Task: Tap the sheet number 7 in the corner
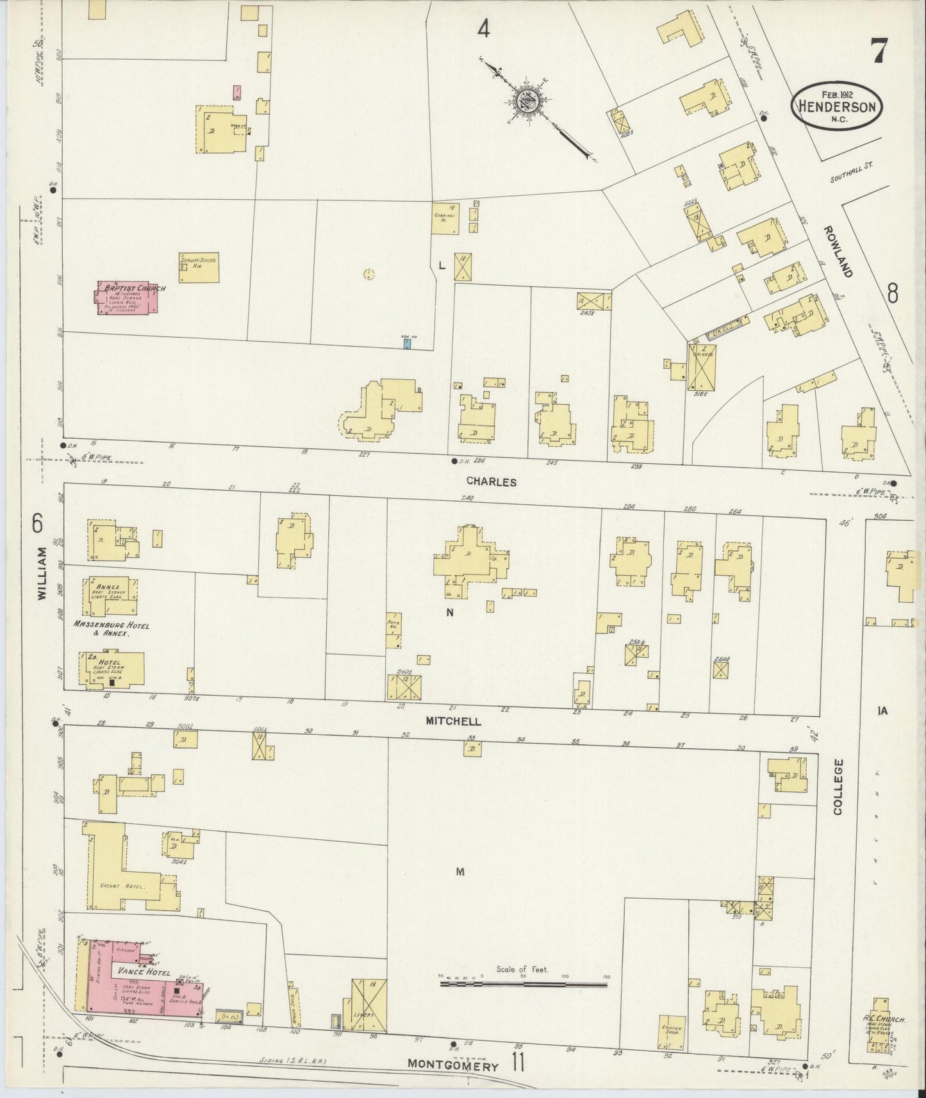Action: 879,51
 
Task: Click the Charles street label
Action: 491,481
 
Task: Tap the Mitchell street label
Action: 453,721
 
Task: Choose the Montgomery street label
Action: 453,1067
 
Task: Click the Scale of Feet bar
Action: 524,1000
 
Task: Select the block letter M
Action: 459,871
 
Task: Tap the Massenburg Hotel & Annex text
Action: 111,628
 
